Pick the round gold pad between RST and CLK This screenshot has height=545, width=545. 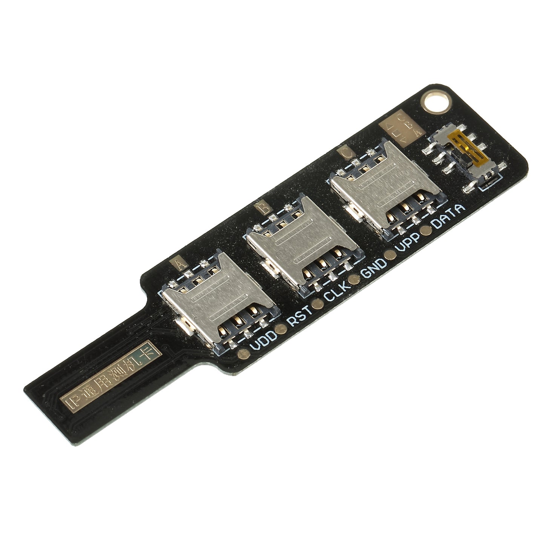pyautogui.click(x=318, y=304)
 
